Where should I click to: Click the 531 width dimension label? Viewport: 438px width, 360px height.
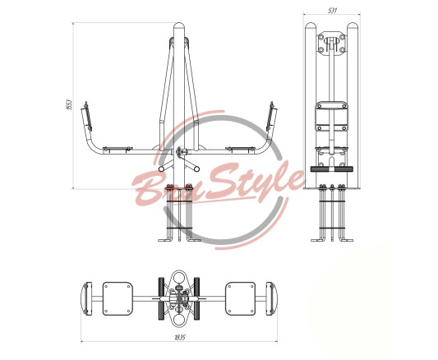pos(332,11)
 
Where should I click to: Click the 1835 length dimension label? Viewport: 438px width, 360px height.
pos(180,337)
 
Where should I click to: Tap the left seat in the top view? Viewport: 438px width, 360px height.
pos(118,298)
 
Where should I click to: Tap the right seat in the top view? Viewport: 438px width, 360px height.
pos(240,298)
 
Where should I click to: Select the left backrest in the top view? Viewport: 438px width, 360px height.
pos(86,298)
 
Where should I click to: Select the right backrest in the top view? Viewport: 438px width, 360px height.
pos(270,298)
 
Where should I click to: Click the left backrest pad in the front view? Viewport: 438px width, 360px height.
pos(87,117)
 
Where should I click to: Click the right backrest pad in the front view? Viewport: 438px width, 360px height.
pos(270,117)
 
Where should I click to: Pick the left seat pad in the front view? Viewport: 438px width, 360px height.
pos(118,149)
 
